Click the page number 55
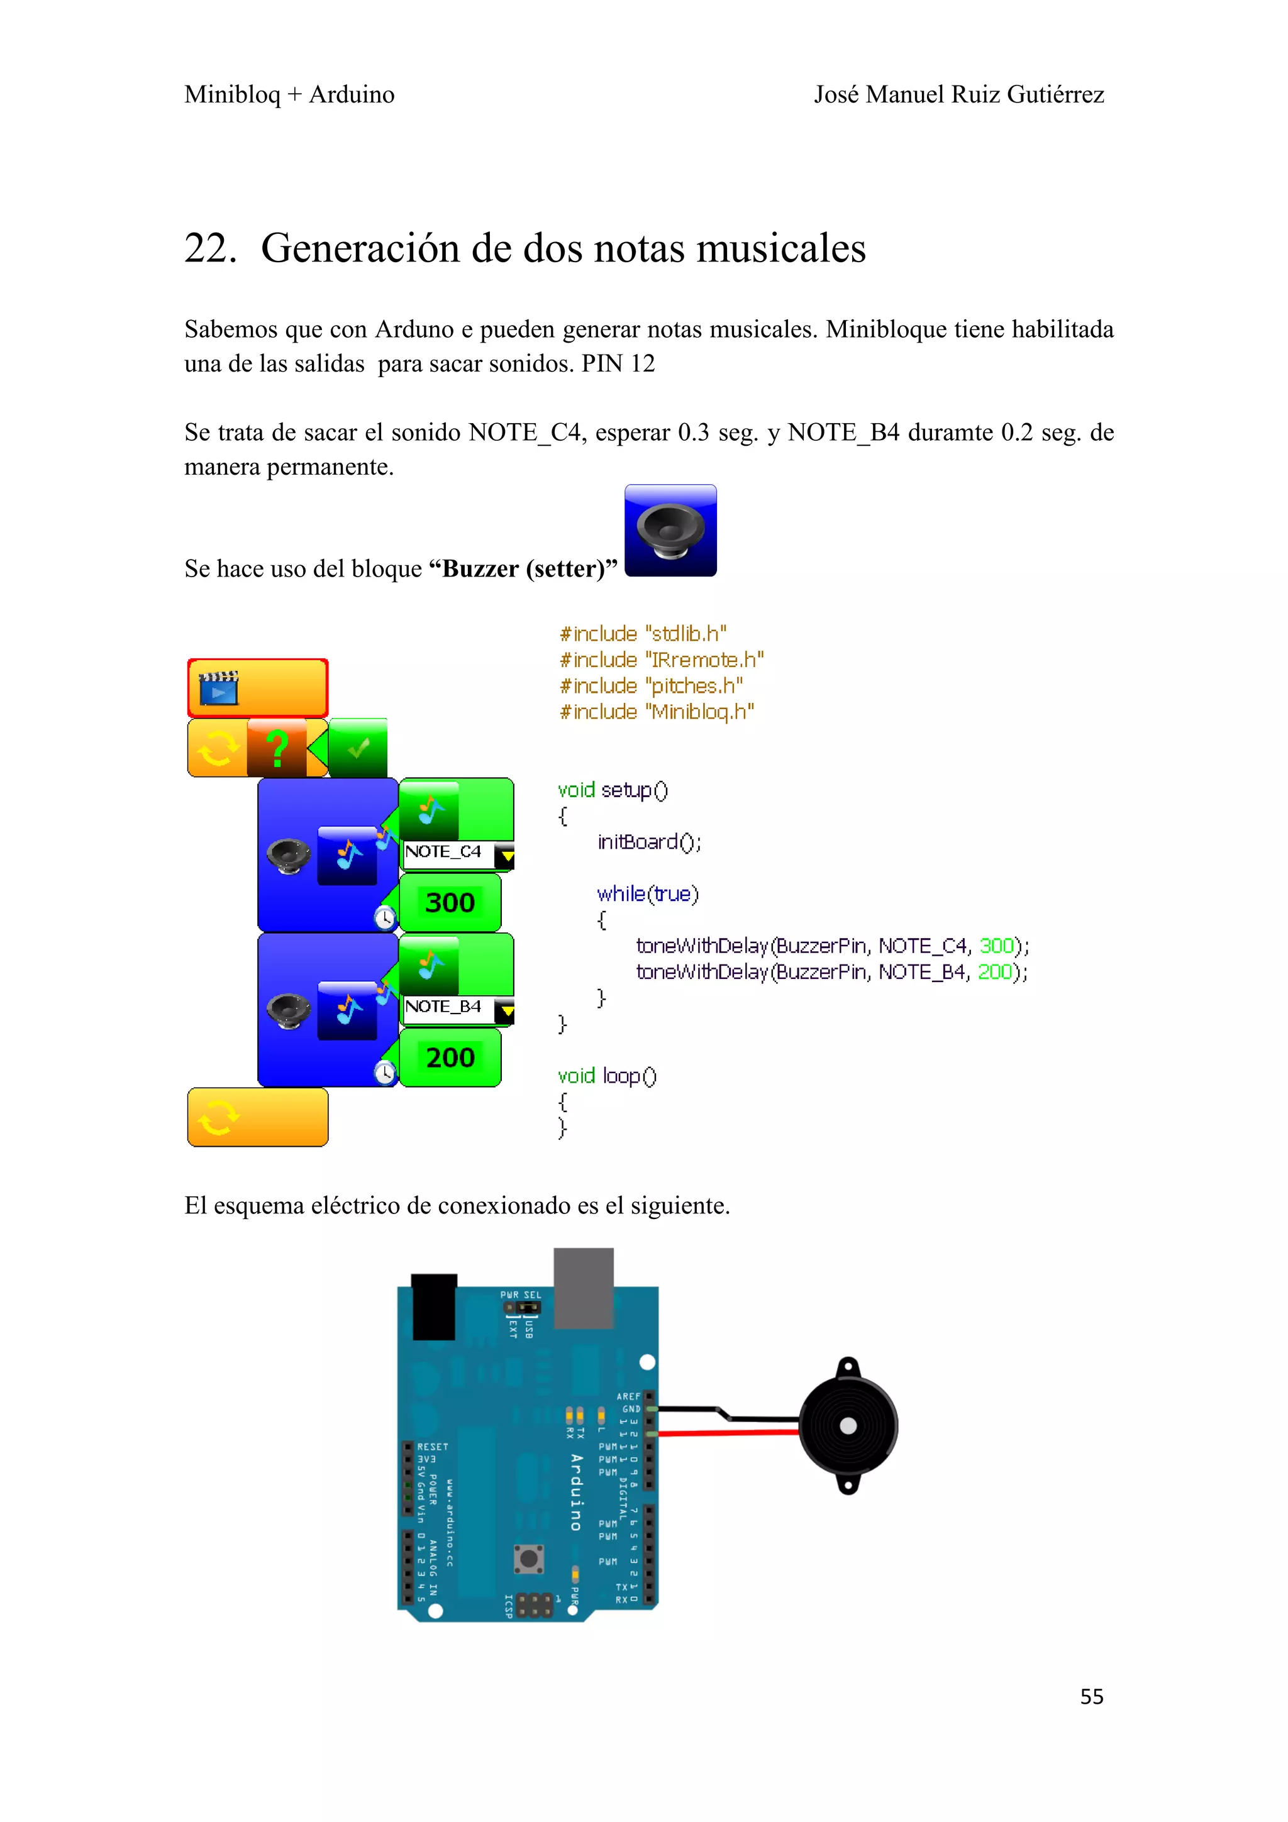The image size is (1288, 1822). (1091, 1697)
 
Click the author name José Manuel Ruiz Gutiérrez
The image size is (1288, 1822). (958, 94)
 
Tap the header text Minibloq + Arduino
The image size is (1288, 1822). (289, 94)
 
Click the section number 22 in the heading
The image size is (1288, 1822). (209, 248)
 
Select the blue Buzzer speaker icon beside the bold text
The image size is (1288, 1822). (670, 530)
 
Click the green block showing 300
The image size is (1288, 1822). (450, 903)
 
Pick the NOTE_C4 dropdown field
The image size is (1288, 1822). (457, 853)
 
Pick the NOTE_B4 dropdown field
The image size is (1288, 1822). (457, 1007)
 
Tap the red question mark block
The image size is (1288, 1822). (277, 748)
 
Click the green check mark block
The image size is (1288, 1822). (358, 748)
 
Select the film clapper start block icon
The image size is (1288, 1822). (218, 687)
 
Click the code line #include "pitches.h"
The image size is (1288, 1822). (651, 686)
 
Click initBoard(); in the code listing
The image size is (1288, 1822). (648, 842)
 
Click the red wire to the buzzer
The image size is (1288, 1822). (726, 1432)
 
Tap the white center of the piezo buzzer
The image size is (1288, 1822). (848, 1426)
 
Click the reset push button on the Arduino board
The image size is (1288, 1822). (528, 1559)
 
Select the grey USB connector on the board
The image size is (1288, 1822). (583, 1287)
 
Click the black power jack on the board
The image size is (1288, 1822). (433, 1306)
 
